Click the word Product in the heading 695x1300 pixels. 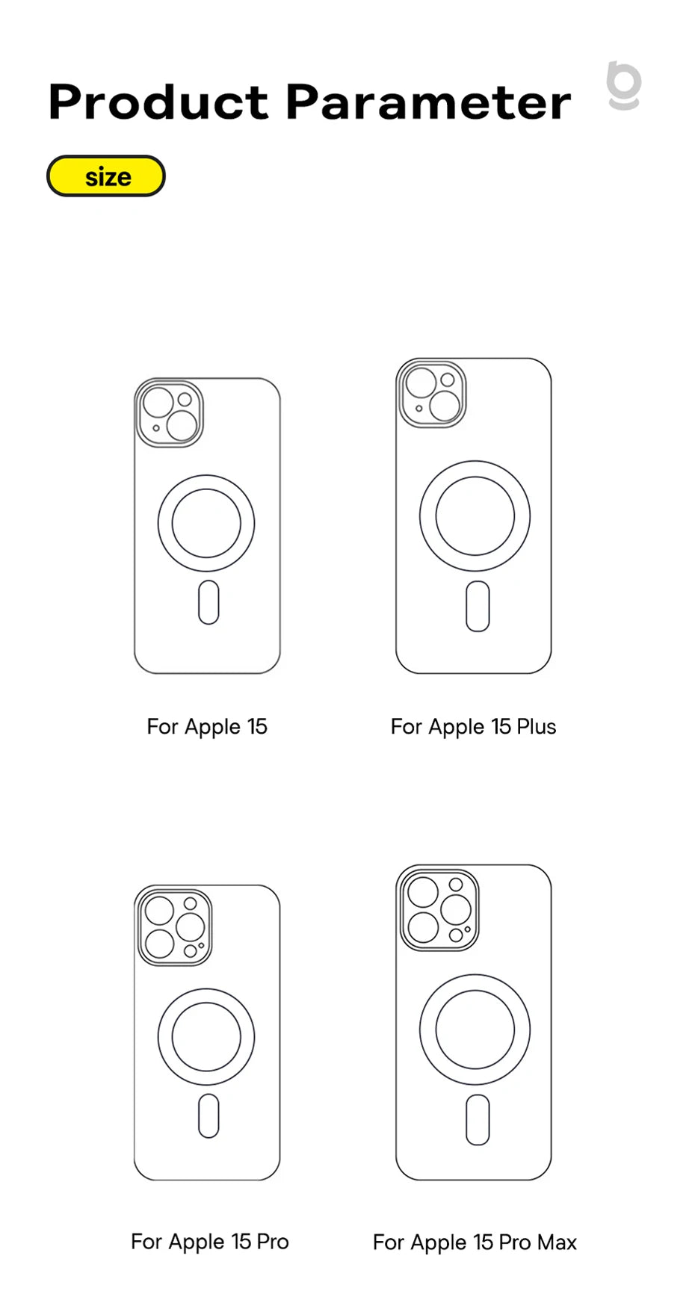[158, 102]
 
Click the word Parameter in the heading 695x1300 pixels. [428, 102]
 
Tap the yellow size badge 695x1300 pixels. [106, 176]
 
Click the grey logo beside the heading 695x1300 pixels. [624, 85]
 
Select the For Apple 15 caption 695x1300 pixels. [207, 726]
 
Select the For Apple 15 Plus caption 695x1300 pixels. [473, 726]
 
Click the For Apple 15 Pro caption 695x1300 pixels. [209, 1241]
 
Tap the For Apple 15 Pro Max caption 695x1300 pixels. [475, 1242]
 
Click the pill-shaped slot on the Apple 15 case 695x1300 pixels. [208, 602]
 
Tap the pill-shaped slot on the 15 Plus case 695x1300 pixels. [478, 606]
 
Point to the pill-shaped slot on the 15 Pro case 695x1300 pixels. [208, 1116]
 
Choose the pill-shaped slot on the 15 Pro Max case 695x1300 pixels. [478, 1120]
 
